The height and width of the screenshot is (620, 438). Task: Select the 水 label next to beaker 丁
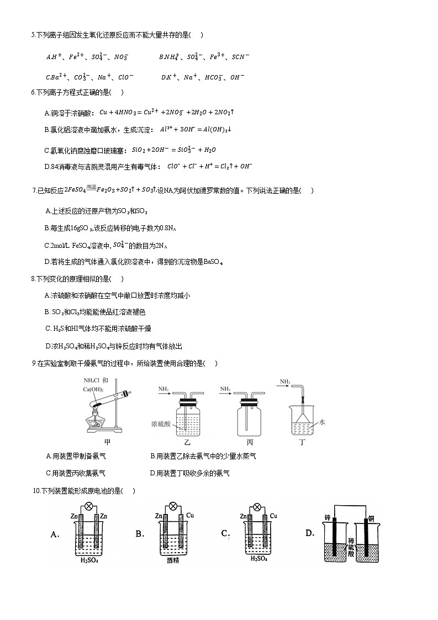[x=323, y=421]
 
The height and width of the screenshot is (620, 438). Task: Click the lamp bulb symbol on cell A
[x=88, y=506]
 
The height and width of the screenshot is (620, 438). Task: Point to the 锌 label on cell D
[x=328, y=517]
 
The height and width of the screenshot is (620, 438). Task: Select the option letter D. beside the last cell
[x=310, y=533]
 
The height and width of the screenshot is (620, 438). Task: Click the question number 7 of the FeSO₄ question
[x=35, y=191]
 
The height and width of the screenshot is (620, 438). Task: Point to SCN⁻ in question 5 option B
[x=240, y=56]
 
